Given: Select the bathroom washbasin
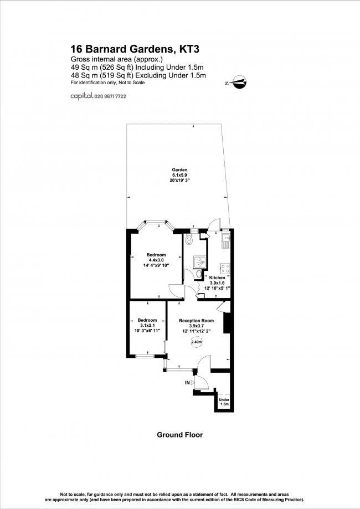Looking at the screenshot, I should click(199, 274).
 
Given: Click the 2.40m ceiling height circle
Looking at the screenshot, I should click(197, 342).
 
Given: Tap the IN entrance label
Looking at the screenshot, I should click(187, 382).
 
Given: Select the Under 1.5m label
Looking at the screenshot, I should click(224, 402).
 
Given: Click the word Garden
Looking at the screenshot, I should click(179, 169).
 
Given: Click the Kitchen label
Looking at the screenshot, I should click(217, 277).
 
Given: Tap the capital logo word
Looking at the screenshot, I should click(81, 96).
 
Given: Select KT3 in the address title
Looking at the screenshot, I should click(187, 49).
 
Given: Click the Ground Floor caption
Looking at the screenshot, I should click(179, 435).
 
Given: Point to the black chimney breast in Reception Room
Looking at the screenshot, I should click(226, 323).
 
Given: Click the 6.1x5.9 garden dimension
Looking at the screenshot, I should click(179, 175).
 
